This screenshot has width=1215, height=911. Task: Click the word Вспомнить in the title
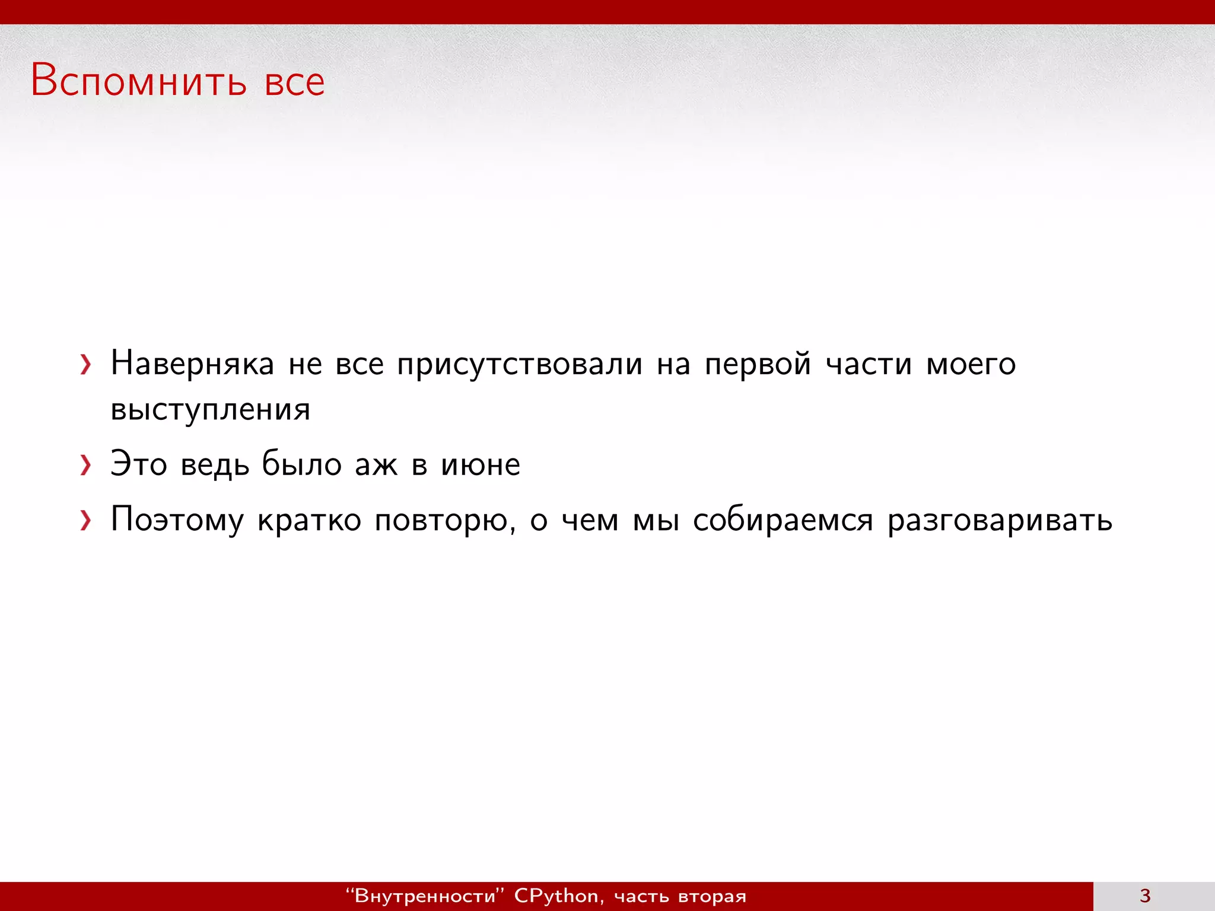click(x=138, y=81)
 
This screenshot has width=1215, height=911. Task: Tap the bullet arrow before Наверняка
click(x=86, y=365)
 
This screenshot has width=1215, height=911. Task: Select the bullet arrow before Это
click(x=86, y=466)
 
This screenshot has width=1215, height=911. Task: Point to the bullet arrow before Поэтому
click(x=86, y=521)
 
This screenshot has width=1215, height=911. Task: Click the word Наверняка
click(x=192, y=364)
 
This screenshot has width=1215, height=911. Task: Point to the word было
click(x=302, y=464)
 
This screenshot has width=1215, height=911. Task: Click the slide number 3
click(x=1145, y=896)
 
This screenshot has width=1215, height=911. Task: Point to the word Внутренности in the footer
click(x=425, y=896)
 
